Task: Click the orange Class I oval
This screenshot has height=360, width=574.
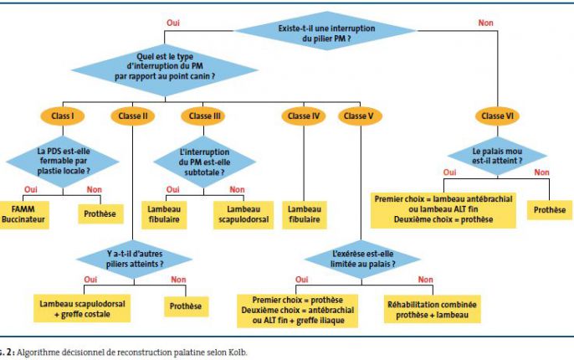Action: [63, 116]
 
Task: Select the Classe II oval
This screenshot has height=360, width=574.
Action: [133, 116]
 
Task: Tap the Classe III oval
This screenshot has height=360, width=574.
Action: [204, 116]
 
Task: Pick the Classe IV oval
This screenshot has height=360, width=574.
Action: [304, 116]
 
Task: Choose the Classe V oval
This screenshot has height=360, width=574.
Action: [360, 116]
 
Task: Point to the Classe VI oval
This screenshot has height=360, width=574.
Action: [497, 116]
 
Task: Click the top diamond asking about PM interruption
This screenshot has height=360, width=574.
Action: [326, 31]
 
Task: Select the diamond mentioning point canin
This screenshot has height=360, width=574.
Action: [165, 69]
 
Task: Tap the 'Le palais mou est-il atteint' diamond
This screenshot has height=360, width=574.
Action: [497, 156]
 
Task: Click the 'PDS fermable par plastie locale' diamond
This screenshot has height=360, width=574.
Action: [63, 161]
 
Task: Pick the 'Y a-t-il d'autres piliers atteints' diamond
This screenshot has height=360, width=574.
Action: [135, 259]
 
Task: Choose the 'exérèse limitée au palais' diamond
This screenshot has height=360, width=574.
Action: [362, 259]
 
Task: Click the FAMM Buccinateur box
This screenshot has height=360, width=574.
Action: [23, 214]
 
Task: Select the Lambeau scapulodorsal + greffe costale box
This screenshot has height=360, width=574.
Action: [82, 309]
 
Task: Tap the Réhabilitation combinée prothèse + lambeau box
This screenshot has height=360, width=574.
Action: [433, 310]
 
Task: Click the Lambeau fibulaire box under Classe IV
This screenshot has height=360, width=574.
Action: [305, 214]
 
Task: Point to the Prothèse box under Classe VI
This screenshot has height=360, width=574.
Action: [550, 210]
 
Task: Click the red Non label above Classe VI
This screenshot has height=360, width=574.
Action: [486, 23]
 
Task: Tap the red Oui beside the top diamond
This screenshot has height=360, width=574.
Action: [173, 23]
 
